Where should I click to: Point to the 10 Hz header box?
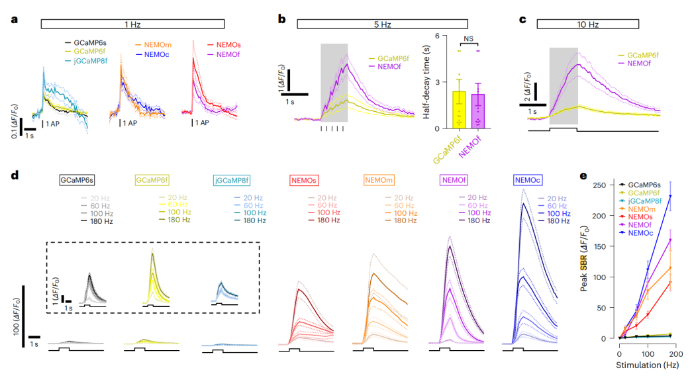568,24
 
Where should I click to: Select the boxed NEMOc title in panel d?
530,179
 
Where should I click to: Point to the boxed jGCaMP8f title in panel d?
230,179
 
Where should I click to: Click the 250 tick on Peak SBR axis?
605,185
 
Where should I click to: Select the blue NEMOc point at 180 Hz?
670,196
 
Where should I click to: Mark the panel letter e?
583,176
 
